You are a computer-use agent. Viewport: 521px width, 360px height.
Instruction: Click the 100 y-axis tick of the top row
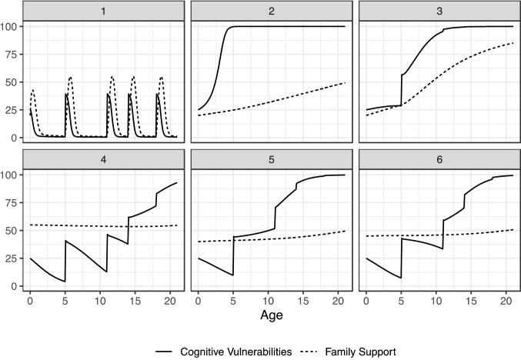10,26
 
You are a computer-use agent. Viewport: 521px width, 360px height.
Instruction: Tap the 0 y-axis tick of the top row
15,138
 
